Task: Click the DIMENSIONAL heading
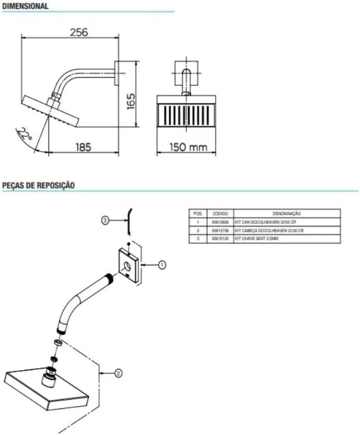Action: point(25,6)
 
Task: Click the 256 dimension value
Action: point(79,33)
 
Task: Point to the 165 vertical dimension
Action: point(131,100)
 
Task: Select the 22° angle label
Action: point(24,133)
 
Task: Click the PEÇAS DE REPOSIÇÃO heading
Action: point(38,185)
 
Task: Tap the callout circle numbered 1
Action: point(162,265)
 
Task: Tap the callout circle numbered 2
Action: point(118,373)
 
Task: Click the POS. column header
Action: point(197,213)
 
